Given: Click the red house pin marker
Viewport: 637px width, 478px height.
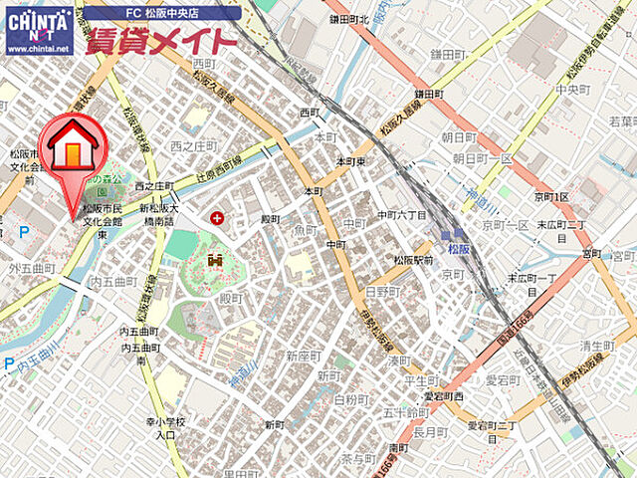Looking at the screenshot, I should pyautogui.click(x=73, y=147).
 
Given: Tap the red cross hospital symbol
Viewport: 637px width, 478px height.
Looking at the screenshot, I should pyautogui.click(x=217, y=217).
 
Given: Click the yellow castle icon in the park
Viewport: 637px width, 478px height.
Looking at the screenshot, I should pyautogui.click(x=214, y=261).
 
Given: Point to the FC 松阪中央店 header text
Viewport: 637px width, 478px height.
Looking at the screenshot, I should pyautogui.click(x=161, y=13).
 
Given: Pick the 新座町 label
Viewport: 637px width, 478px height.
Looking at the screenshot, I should pyautogui.click(x=304, y=356).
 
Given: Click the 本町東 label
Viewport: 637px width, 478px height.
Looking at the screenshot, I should pyautogui.click(x=354, y=161).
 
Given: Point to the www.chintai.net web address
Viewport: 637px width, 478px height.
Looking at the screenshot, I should pyautogui.click(x=38, y=48).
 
